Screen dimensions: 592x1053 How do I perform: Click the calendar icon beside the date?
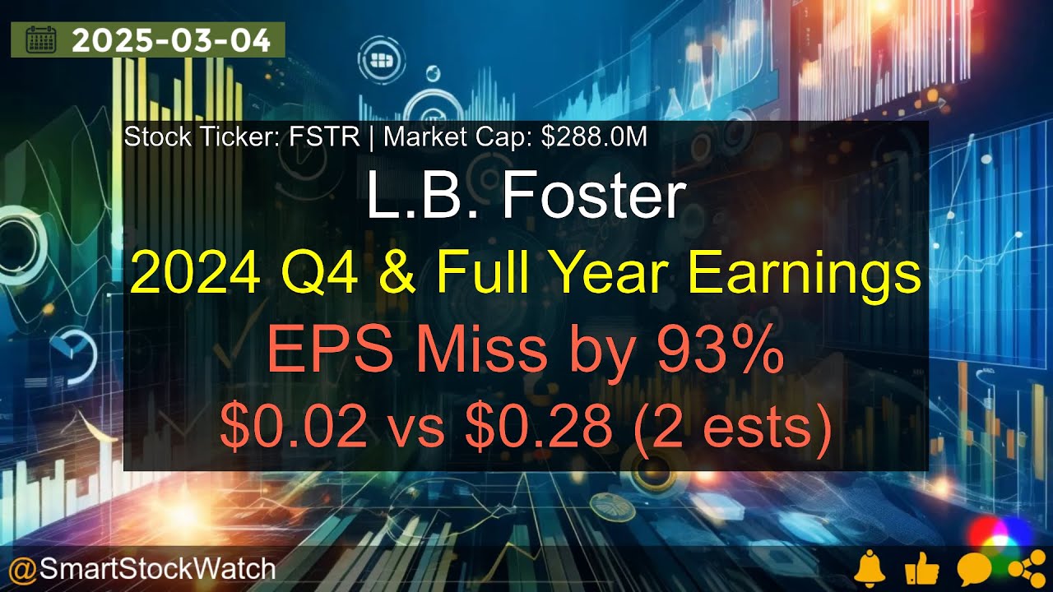click(40, 39)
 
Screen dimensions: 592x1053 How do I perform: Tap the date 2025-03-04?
click(171, 40)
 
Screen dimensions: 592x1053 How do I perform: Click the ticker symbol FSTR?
click(324, 137)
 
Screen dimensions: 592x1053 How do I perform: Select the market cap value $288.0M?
click(594, 137)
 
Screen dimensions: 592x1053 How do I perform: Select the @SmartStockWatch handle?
click(141, 568)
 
